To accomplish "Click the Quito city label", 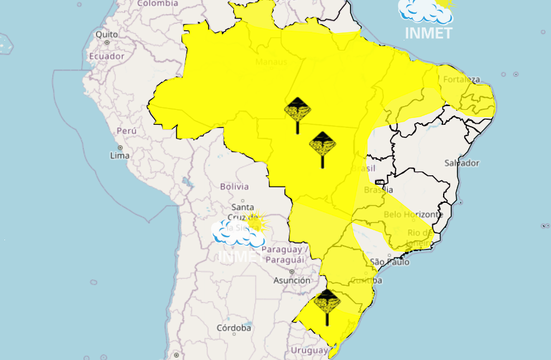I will (107, 34).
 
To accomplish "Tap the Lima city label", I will (120, 155).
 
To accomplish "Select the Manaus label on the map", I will (271, 62).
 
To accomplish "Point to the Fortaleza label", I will (462, 79).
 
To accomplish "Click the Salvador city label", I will (462, 163).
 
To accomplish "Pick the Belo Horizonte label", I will (413, 215).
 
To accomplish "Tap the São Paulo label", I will (390, 262).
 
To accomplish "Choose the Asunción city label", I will (292, 281).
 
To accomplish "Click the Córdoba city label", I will (234, 328).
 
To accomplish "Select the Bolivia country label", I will (234, 187).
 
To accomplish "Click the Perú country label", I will (127, 131).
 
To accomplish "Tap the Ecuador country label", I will (107, 56).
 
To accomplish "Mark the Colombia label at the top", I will (158, 4).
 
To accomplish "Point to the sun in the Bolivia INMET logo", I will (256, 221).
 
